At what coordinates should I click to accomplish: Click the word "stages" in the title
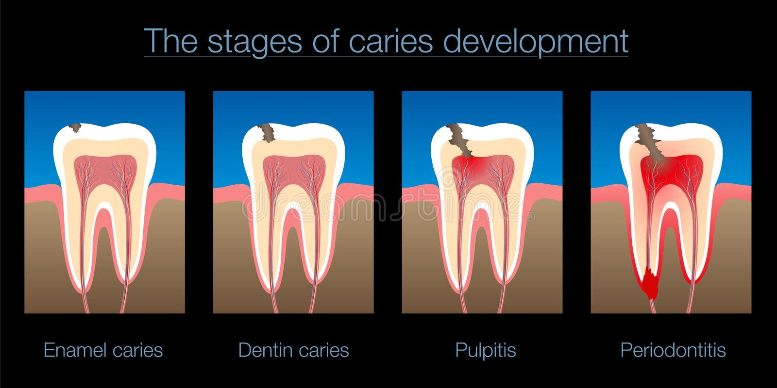[x=254, y=42]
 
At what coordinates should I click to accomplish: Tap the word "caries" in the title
[x=390, y=42]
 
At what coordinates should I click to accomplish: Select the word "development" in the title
[x=536, y=42]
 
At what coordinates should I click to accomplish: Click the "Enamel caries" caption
[x=103, y=350]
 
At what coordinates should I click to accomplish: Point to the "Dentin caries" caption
[x=293, y=350]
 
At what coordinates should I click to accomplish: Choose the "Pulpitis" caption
[x=485, y=350]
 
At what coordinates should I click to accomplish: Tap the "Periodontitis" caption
[x=673, y=350]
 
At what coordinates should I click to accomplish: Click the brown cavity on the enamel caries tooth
[x=75, y=128]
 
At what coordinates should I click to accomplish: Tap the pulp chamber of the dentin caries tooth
[x=294, y=170]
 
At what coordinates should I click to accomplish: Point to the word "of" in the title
[x=325, y=42]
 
